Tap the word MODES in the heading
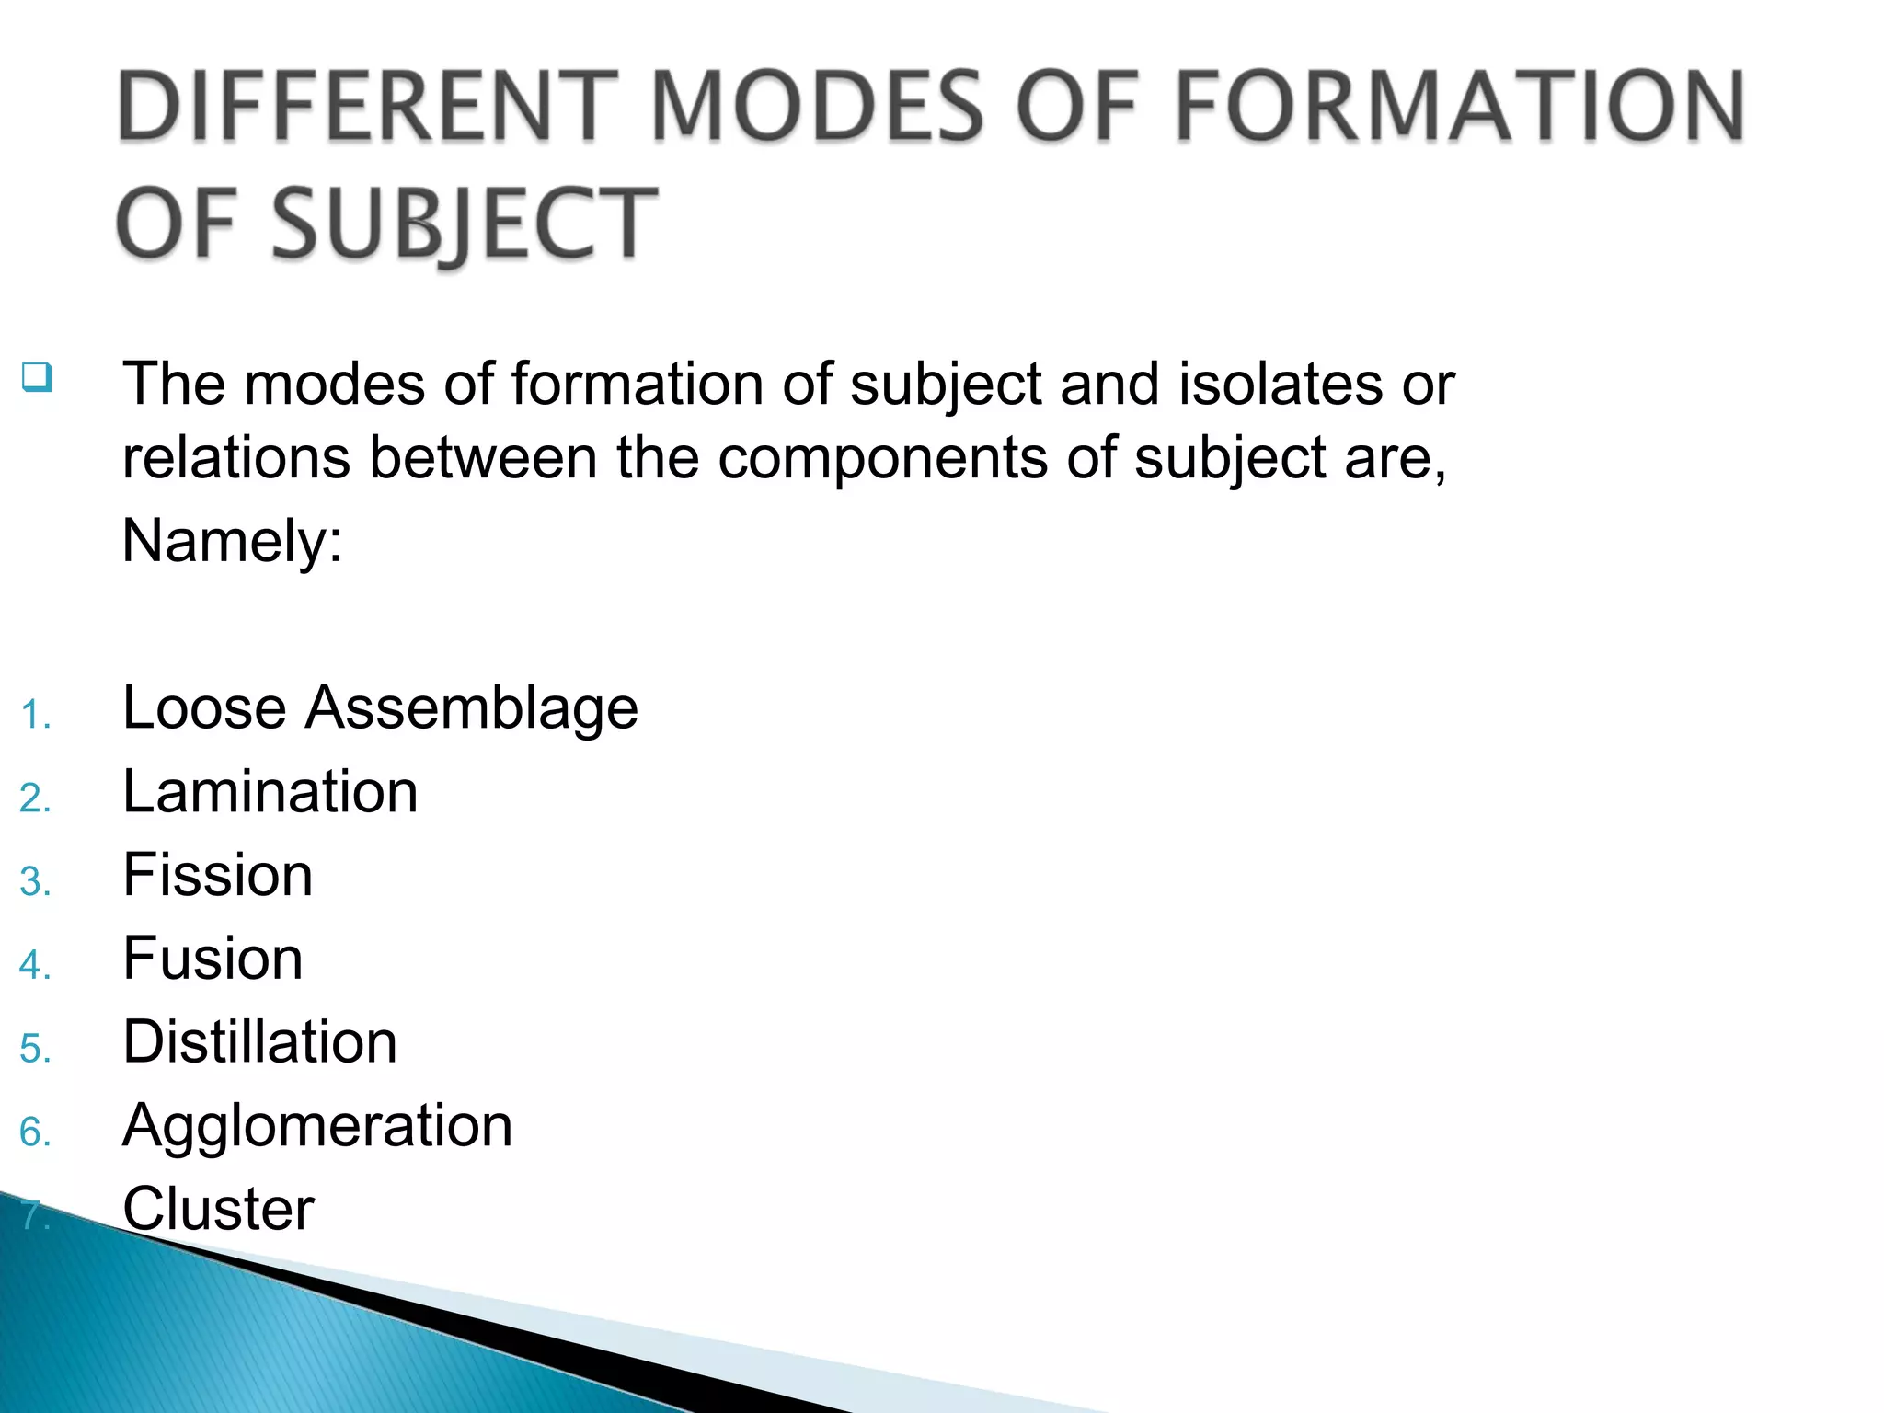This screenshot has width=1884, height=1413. [x=819, y=107]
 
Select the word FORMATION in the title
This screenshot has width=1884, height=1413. [x=1460, y=107]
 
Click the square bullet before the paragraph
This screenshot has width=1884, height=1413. [x=37, y=377]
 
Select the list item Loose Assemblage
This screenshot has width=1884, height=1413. [x=380, y=707]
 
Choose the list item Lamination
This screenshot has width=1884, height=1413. [x=270, y=791]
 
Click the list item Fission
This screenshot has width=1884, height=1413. [x=218, y=875]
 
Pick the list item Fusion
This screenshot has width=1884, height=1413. [x=213, y=959]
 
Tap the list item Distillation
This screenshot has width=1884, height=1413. [x=259, y=1042]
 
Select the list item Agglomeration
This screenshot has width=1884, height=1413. [x=317, y=1126]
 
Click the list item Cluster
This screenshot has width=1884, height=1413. [x=218, y=1209]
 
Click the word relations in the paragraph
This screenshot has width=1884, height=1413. [x=235, y=457]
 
